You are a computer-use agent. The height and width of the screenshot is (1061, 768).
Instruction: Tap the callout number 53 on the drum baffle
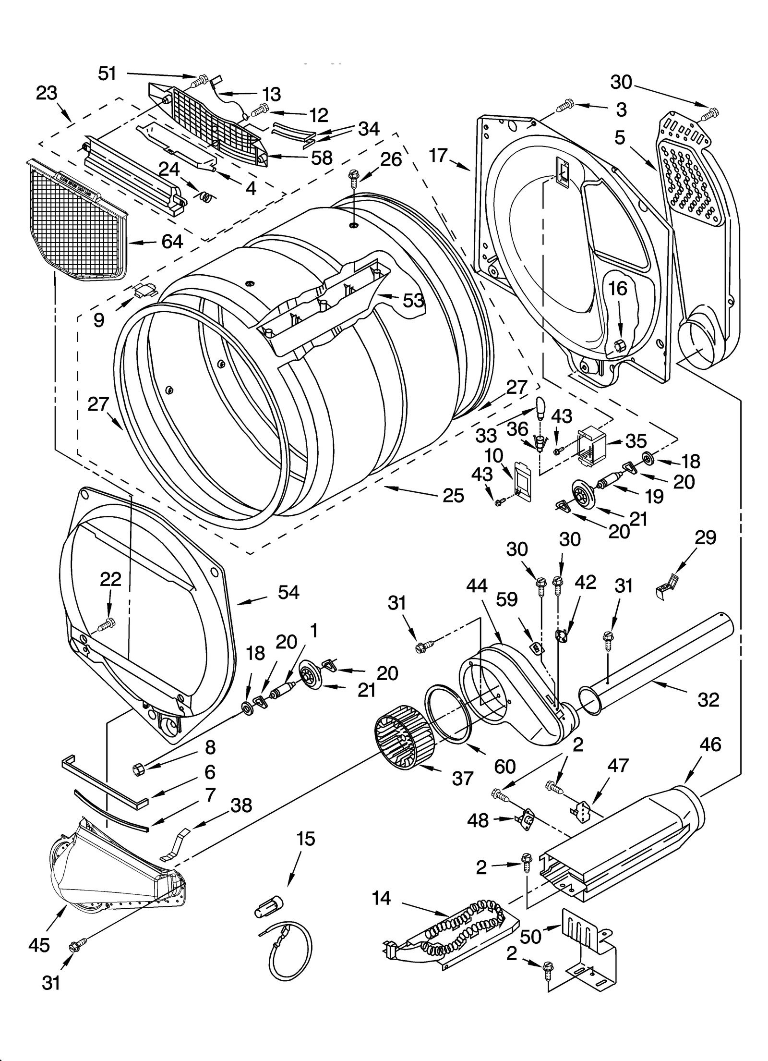413,300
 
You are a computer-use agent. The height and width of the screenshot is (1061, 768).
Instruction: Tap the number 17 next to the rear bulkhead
438,156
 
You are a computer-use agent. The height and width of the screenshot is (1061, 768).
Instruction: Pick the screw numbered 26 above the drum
354,178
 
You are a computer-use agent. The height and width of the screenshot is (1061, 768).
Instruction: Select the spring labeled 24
205,196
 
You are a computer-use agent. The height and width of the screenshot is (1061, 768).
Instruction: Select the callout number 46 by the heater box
710,744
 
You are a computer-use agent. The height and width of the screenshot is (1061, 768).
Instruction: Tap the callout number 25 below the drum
453,495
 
